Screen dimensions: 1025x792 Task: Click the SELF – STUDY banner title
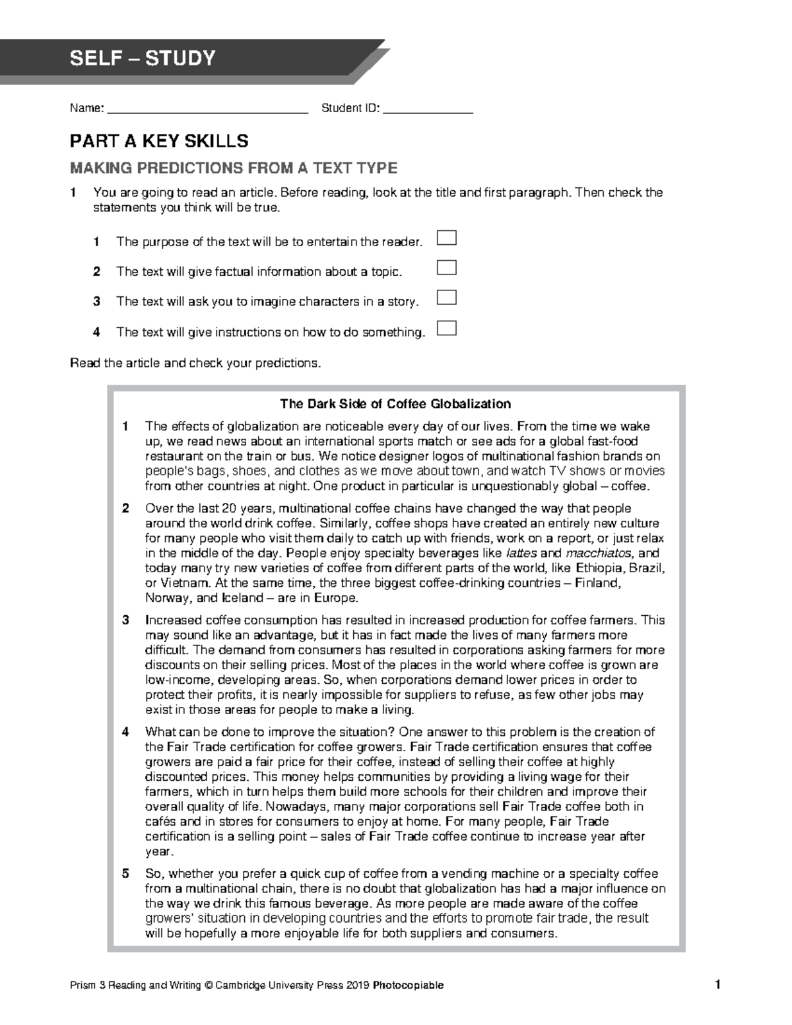pyautogui.click(x=143, y=59)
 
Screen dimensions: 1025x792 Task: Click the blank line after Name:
pyautogui.click(x=207, y=110)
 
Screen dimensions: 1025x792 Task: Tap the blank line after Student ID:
pyautogui.click(x=428, y=110)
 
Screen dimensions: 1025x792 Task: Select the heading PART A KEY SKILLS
pyautogui.click(x=159, y=141)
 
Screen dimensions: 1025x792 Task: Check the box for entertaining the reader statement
pyautogui.click(x=447, y=238)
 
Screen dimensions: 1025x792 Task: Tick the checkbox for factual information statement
pyautogui.click(x=447, y=268)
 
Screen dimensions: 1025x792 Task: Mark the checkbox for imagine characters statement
pyautogui.click(x=447, y=298)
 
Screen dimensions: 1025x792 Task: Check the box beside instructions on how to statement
pyautogui.click(x=447, y=328)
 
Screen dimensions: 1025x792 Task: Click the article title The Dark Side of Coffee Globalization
pyautogui.click(x=395, y=404)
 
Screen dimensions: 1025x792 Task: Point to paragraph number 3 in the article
pyautogui.click(x=125, y=620)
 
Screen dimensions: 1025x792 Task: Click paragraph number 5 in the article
pyautogui.click(x=125, y=874)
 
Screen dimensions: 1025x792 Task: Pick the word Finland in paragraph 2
pyautogui.click(x=597, y=583)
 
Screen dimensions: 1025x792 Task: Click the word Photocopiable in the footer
pyautogui.click(x=408, y=985)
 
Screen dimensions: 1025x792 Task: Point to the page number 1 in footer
pyautogui.click(x=717, y=985)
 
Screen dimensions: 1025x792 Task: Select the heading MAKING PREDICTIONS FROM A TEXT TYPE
pyautogui.click(x=234, y=168)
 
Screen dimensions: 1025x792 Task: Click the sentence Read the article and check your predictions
pyautogui.click(x=195, y=363)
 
